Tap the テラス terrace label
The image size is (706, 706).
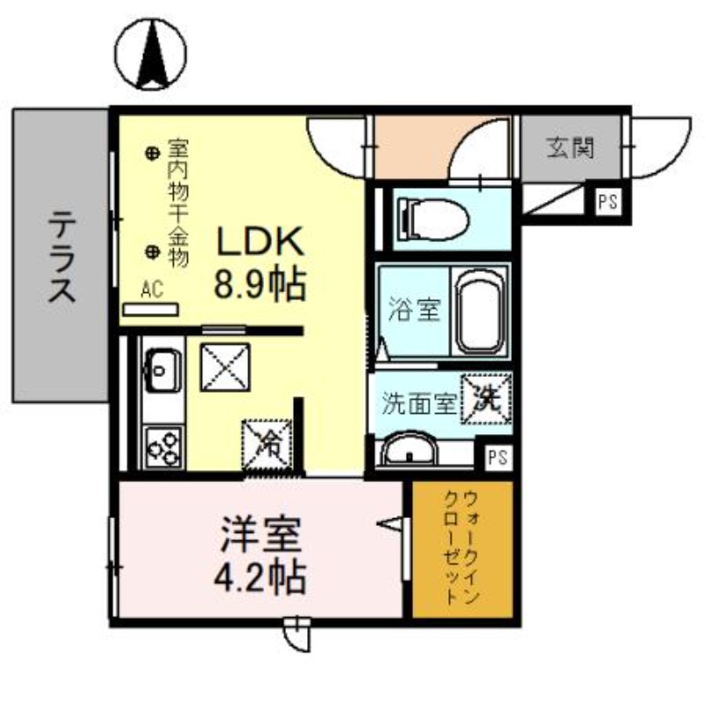[x=61, y=257]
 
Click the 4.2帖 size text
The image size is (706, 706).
[x=260, y=577]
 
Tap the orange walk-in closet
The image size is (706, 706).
[x=462, y=549]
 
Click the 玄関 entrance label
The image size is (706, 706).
[x=569, y=147]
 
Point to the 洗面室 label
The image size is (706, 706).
[x=418, y=402]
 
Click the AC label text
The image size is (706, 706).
[x=151, y=290]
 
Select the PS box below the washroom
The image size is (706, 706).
[x=498, y=457]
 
